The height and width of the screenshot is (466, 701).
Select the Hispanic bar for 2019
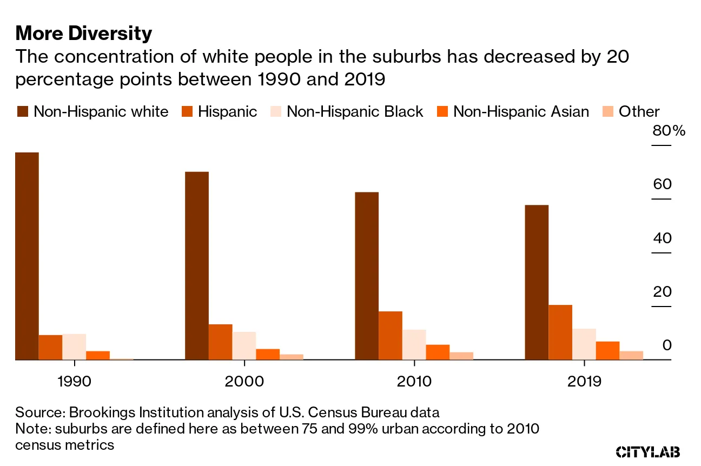560,332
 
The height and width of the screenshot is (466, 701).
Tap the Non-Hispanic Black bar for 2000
244,345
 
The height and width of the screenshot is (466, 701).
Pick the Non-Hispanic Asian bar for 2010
438,352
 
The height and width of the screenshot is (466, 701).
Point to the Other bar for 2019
631,355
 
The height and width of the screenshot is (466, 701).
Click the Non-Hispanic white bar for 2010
367,276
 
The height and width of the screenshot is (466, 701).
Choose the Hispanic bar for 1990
50,347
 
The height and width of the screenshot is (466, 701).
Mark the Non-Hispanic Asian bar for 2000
268,354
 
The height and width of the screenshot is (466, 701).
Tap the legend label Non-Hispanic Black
355,112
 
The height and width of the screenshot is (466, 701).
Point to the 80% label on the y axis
669,131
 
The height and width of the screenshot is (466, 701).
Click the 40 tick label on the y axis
662,238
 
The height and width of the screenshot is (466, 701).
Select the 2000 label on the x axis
244,382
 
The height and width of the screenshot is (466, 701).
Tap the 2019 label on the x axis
584,382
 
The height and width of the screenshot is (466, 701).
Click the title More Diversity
84,34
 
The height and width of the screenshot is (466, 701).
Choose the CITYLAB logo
648,452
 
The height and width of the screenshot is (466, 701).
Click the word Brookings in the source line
101,412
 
